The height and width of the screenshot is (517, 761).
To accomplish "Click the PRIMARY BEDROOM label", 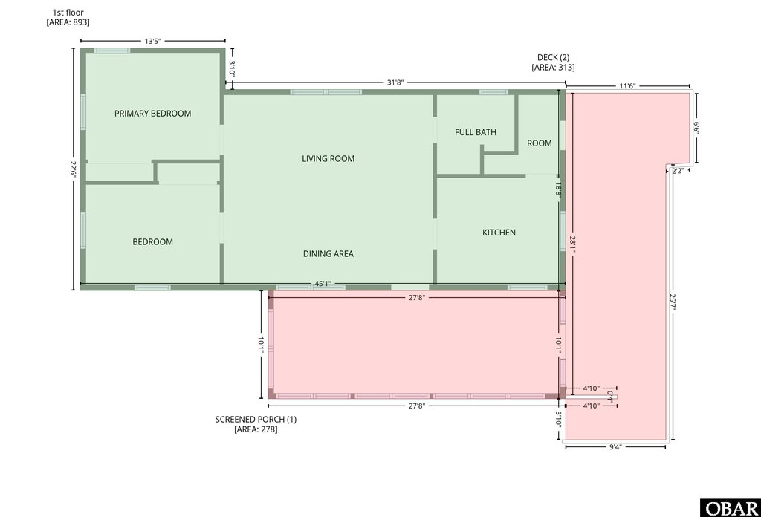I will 152,114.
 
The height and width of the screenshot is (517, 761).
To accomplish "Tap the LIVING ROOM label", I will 328,158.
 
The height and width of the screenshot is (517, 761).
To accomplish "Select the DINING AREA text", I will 328,253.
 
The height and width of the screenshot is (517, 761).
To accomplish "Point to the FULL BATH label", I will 476,132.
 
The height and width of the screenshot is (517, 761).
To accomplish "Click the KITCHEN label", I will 499,233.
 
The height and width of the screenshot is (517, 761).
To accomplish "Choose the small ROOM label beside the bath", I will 540,143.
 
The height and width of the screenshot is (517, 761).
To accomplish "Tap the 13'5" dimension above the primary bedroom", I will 152,42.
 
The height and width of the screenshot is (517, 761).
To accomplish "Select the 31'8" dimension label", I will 395,83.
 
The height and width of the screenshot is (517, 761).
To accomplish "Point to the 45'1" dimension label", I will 322,284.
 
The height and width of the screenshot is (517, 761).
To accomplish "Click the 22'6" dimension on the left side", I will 73,169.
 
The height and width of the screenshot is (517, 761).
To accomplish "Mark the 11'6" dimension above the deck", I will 627,86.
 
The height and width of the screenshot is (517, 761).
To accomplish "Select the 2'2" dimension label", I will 677,171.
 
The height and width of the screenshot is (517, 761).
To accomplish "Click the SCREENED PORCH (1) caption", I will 256,420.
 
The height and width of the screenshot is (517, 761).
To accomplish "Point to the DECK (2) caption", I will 553,57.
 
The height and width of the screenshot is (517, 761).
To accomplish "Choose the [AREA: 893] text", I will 68,22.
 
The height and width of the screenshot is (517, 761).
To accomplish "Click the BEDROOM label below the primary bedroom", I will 152,241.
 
